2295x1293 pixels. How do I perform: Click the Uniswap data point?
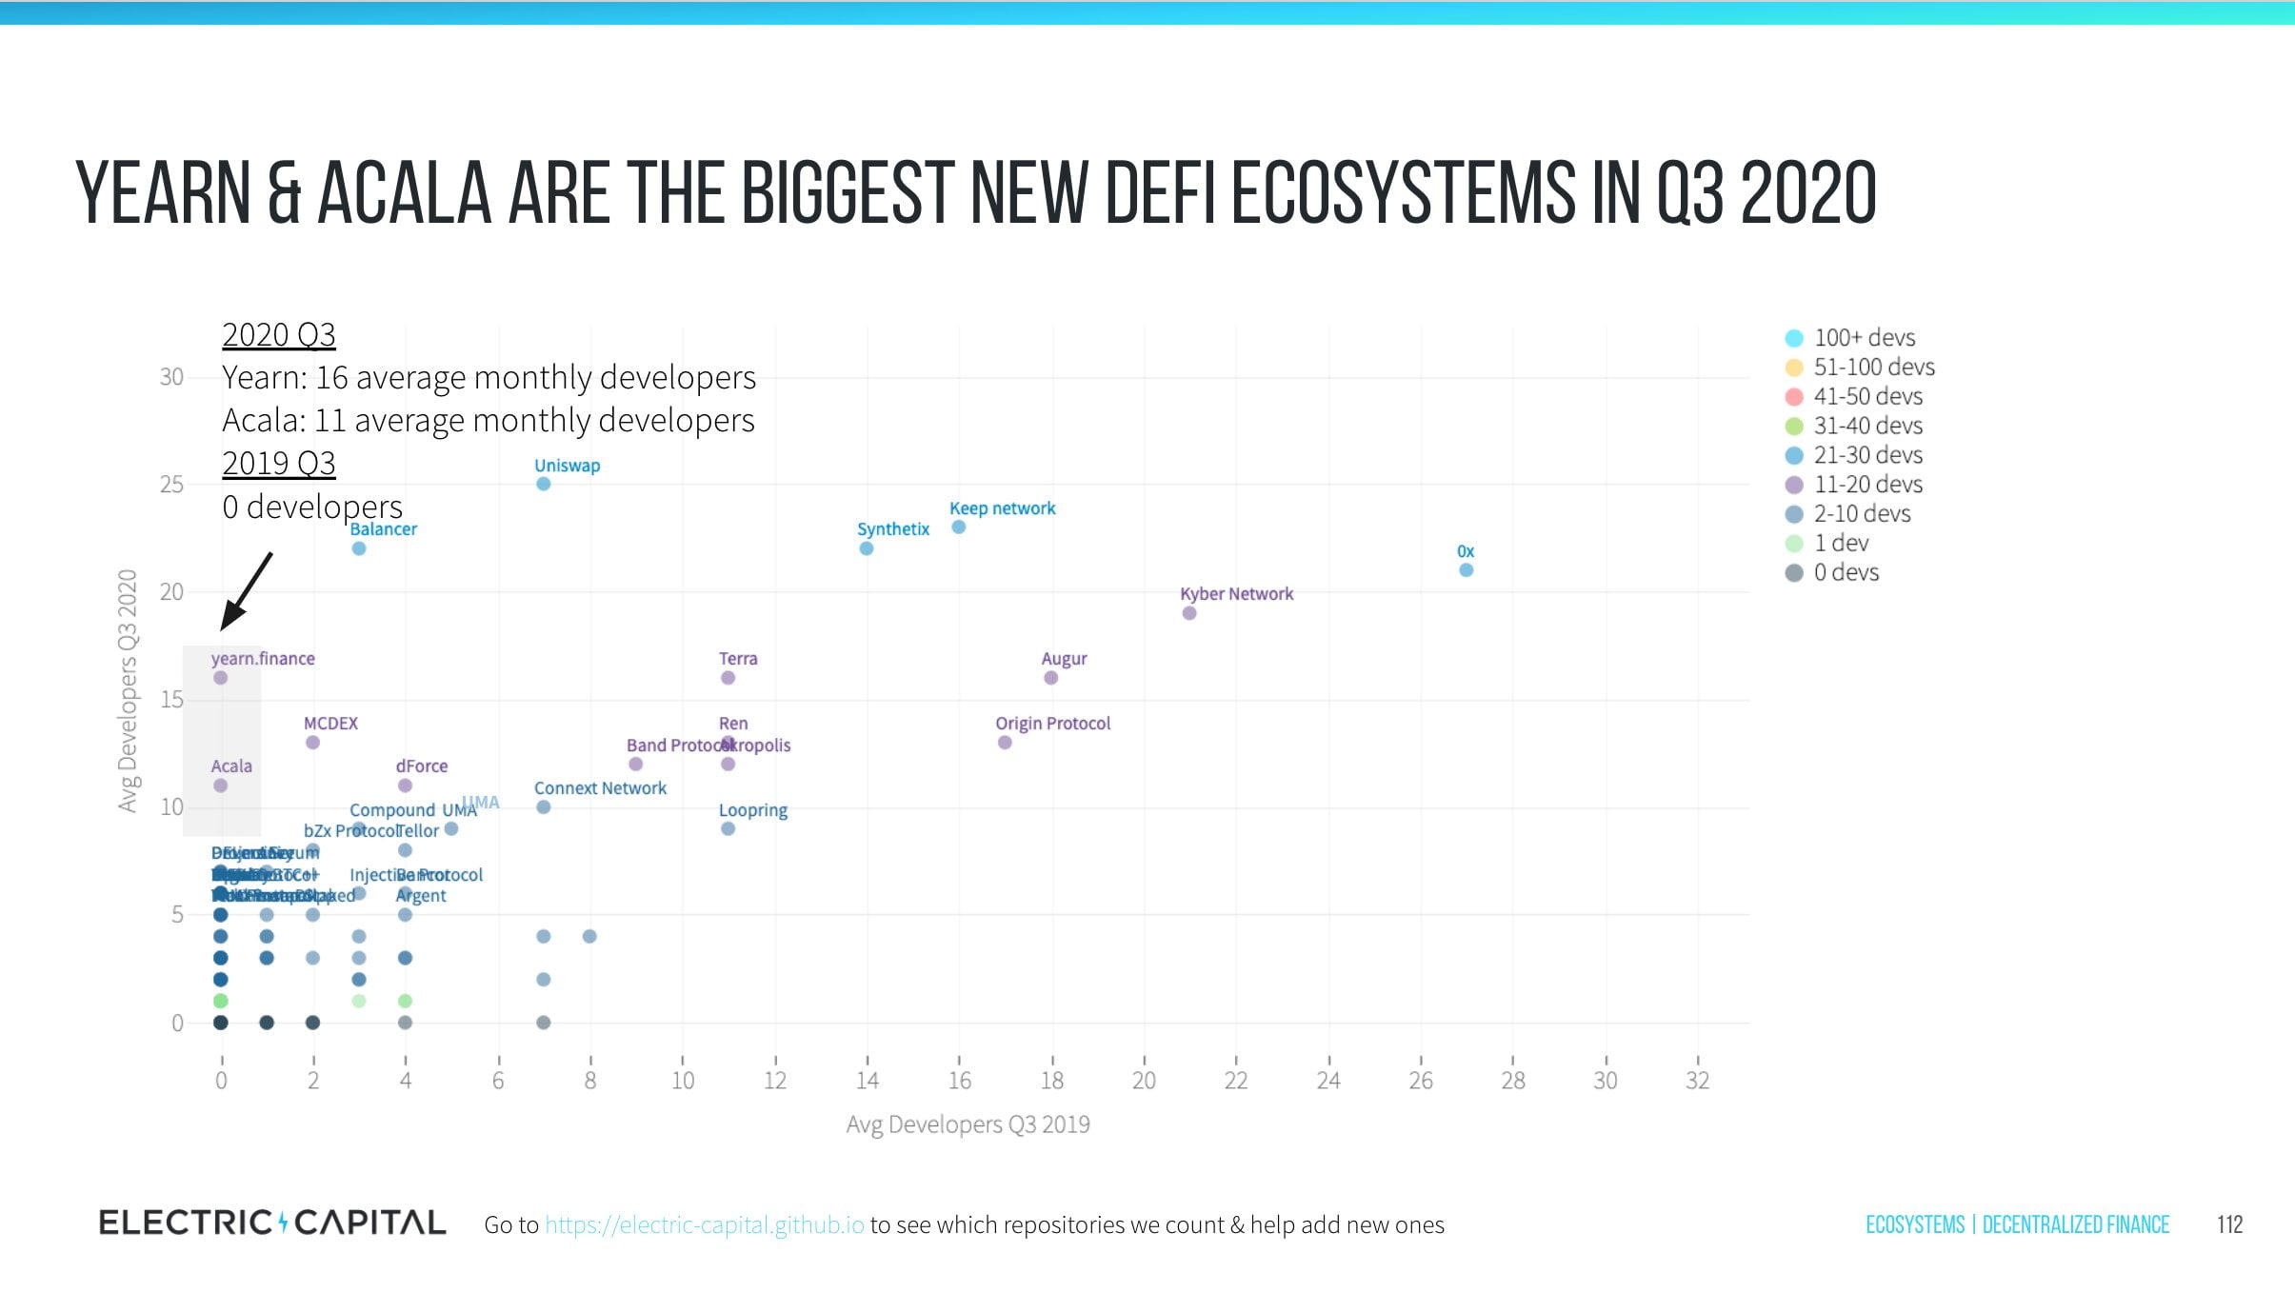(543, 484)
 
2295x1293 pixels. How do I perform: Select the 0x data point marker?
(1466, 570)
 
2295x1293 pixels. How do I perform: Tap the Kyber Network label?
(1236, 594)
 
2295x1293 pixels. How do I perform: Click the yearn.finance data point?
(221, 678)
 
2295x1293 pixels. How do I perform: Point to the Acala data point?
(221, 786)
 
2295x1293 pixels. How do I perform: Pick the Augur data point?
(1050, 678)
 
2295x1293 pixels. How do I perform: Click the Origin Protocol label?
(1052, 724)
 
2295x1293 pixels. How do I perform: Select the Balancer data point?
(359, 548)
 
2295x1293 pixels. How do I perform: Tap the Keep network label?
(1002, 508)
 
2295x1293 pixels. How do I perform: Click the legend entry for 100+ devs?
(1864, 338)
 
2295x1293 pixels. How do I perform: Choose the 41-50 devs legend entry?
(1867, 397)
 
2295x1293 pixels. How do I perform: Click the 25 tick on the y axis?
(171, 485)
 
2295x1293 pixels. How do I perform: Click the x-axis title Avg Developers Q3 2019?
(968, 1124)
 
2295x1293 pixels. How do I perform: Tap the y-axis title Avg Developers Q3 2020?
(128, 690)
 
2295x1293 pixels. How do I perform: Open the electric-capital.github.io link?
(705, 1225)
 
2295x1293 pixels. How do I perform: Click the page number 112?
(2229, 1224)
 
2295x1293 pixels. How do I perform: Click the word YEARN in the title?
(162, 193)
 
